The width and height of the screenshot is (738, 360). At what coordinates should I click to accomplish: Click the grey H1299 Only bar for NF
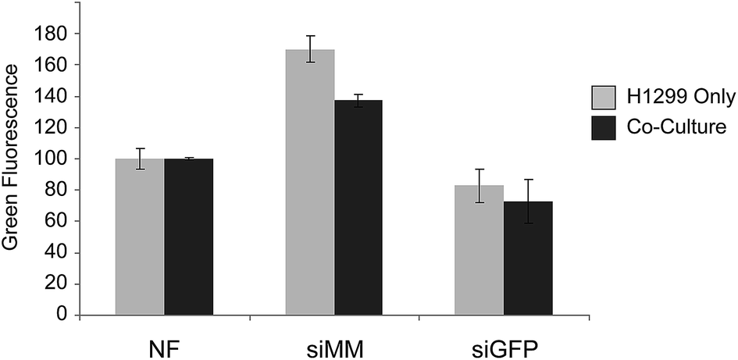tap(140, 237)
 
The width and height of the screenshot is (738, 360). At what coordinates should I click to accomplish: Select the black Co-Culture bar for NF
tap(188, 237)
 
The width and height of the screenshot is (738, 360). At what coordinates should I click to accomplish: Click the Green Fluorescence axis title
tap(12, 159)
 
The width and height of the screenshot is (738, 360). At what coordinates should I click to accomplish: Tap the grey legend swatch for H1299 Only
tap(602, 98)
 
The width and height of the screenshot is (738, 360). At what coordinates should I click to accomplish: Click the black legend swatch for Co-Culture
tap(602, 127)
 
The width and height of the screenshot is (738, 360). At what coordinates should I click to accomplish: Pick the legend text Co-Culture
tap(670, 127)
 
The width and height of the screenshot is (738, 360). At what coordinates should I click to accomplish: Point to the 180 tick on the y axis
tap(50, 34)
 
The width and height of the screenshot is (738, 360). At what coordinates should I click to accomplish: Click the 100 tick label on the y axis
tap(50, 159)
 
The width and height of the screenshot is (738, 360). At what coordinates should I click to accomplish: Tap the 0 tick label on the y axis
tap(60, 315)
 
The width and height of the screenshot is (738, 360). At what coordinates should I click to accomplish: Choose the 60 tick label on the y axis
tap(55, 222)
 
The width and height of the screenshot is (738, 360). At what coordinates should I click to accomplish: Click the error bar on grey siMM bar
tap(310, 49)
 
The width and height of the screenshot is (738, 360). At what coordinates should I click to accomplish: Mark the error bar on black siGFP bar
tap(529, 201)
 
